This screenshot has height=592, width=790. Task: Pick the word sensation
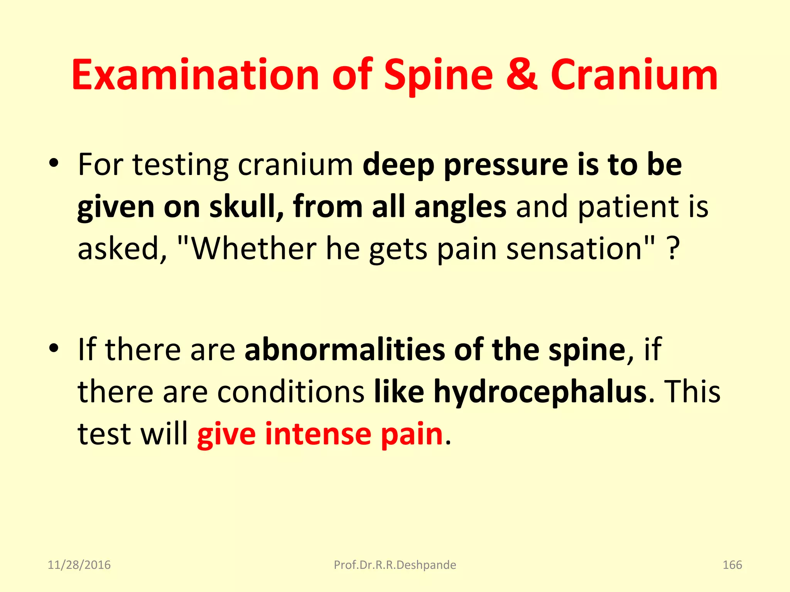coord(574,248)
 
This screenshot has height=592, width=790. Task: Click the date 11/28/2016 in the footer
coord(79,565)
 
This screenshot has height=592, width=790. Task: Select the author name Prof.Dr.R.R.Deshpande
coord(395,565)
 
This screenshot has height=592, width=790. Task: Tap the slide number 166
coord(732,565)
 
